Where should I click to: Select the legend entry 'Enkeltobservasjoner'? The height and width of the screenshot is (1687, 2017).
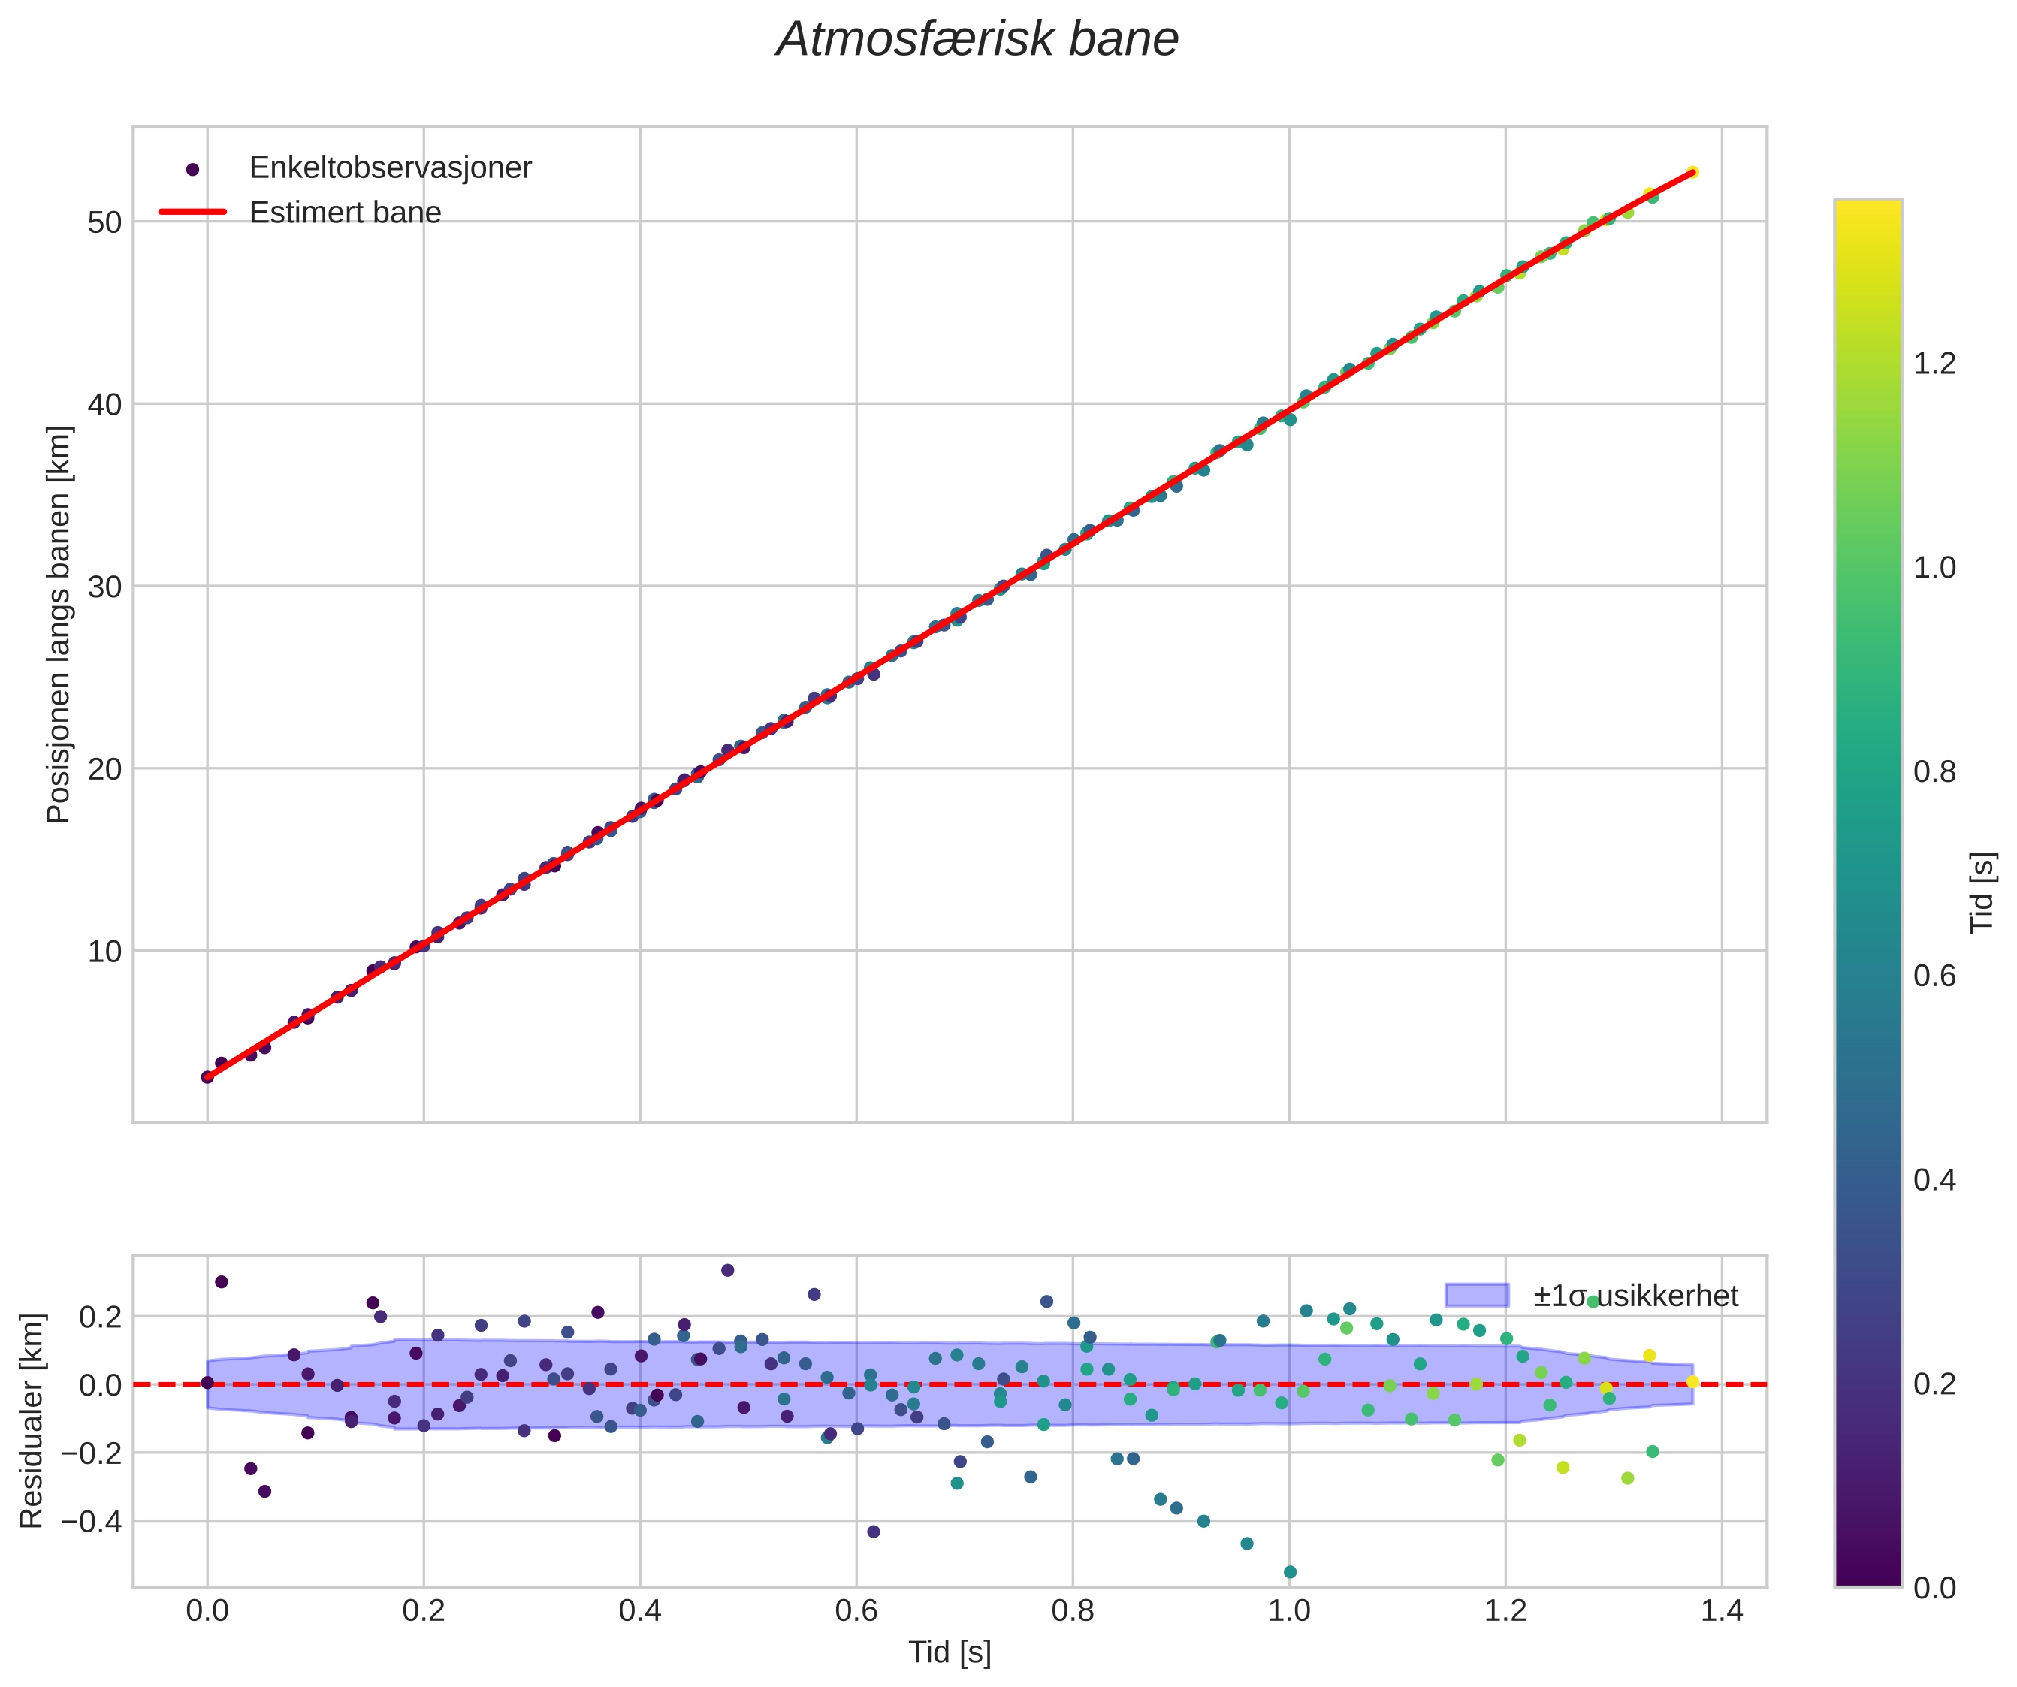[389, 168]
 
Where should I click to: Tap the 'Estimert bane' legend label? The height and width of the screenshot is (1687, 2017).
[345, 213]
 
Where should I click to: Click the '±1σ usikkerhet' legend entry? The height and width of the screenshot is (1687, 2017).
[1635, 1296]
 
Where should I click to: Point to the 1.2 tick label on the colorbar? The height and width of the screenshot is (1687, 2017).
[1934, 364]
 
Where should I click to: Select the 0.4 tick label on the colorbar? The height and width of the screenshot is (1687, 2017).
[1934, 1179]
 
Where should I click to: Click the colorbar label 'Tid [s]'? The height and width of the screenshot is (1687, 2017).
[1982, 893]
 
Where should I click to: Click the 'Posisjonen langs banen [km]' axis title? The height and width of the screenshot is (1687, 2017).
[59, 624]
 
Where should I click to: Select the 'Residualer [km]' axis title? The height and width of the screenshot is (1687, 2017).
[32, 1421]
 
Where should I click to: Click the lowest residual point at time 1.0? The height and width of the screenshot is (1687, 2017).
[1290, 1572]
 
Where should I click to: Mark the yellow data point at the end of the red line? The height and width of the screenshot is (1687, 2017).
[1692, 172]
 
